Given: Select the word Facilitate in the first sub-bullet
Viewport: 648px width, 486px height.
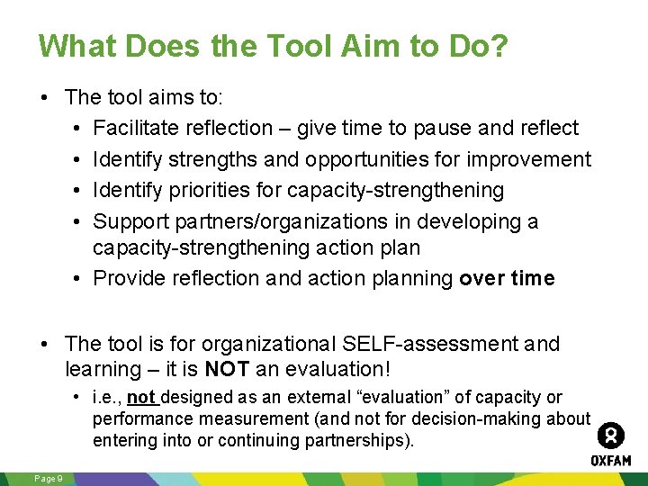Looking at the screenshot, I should coord(138,129).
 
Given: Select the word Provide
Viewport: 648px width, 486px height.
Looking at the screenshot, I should coord(130,278).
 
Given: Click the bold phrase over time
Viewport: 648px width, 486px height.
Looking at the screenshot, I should coord(507,278).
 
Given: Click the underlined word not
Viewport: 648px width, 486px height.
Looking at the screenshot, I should coord(141,397).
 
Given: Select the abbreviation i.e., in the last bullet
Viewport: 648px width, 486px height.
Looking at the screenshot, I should coord(107,397).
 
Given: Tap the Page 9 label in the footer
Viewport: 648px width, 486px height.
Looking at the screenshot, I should coord(48,478).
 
